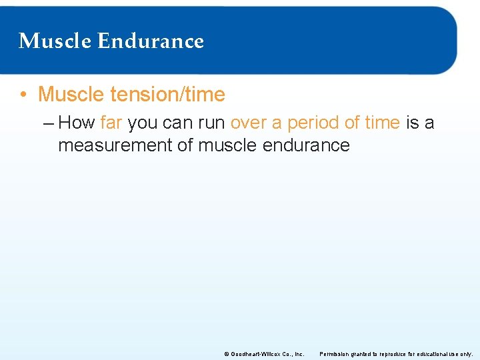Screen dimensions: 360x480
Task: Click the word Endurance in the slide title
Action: click(x=150, y=41)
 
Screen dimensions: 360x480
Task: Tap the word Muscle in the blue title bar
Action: click(x=55, y=41)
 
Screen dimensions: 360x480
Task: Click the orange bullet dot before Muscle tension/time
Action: click(x=23, y=95)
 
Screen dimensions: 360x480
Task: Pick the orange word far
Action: click(x=111, y=123)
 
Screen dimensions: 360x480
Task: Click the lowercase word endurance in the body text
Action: click(x=307, y=145)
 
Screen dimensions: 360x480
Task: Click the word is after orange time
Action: click(x=411, y=123)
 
